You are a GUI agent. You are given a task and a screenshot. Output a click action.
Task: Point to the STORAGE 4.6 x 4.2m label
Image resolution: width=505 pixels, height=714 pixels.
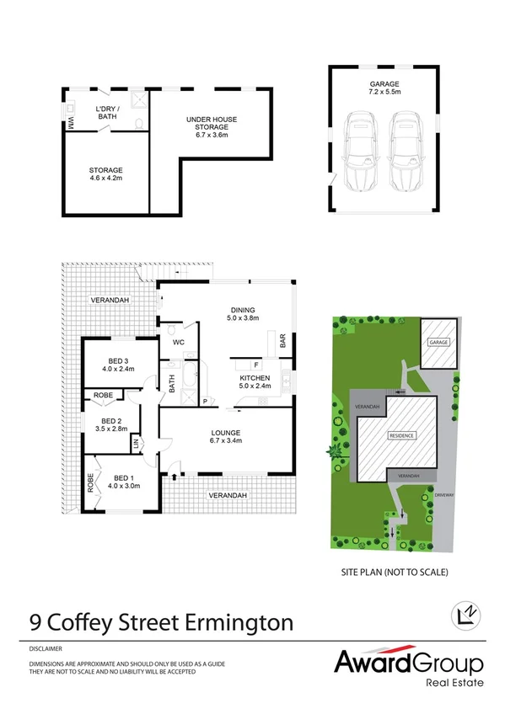pyautogui.click(x=106, y=175)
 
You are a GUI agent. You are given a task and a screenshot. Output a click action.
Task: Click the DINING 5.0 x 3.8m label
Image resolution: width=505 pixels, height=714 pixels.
pyautogui.click(x=240, y=313)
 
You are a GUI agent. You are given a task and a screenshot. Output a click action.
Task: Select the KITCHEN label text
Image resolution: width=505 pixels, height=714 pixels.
pyautogui.click(x=254, y=379)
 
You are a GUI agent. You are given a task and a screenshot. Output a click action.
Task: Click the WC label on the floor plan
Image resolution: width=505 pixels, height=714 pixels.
pyautogui.click(x=178, y=344)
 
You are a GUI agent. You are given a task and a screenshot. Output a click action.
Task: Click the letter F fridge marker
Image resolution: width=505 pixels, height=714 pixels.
pyautogui.click(x=255, y=364)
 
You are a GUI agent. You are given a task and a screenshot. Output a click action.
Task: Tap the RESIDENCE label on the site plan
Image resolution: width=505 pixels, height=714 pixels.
pyautogui.click(x=401, y=436)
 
